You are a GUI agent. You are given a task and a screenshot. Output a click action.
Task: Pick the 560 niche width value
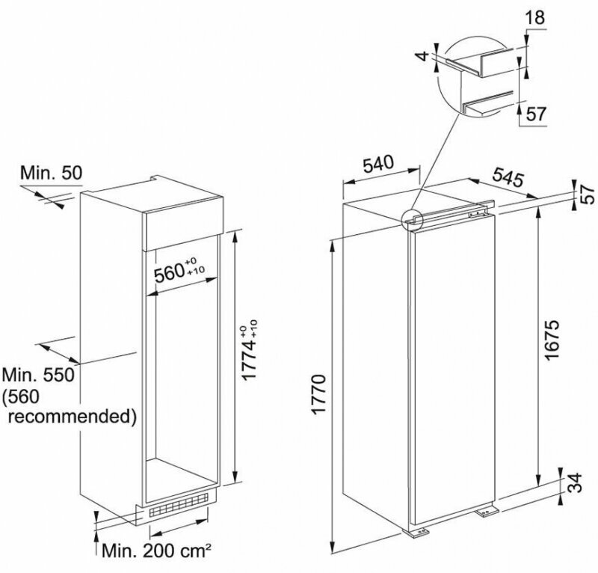coord(173,272)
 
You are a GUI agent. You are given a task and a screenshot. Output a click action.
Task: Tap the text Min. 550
coord(40,374)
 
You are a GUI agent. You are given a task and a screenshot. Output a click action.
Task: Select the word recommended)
coord(73,414)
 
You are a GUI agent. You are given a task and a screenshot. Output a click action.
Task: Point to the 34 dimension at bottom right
coord(573,484)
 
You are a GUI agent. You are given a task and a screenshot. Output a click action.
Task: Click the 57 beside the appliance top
coord(588,193)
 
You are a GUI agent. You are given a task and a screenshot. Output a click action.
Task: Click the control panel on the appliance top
coord(475,212)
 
